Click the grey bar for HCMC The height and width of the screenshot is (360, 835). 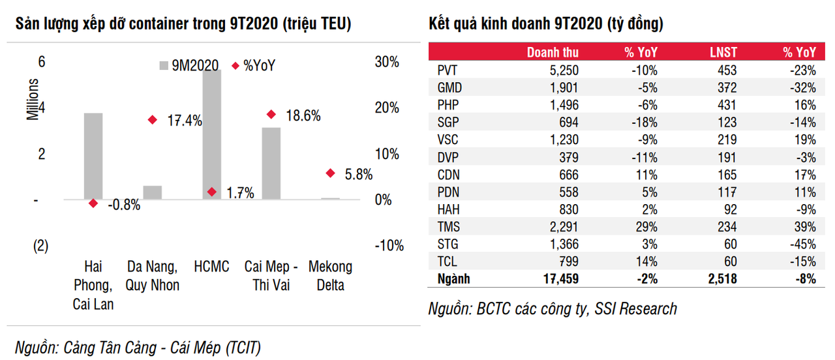click(212, 134)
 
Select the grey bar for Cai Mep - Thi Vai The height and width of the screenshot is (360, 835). click(271, 163)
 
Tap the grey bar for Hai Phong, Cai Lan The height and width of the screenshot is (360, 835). click(93, 157)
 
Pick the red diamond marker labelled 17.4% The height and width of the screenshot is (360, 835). click(153, 119)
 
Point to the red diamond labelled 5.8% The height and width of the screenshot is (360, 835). click(330, 173)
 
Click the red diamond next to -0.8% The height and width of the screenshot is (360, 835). click(93, 203)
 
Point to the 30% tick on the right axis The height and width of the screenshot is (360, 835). click(386, 62)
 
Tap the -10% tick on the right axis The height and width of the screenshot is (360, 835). click(389, 246)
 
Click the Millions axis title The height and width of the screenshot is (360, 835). click(33, 99)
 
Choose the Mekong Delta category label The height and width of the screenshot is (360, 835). click(330, 276)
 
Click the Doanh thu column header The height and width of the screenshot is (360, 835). click(553, 53)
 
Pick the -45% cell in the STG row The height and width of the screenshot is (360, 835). click(802, 245)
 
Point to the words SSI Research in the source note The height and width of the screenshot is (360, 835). click(635, 308)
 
